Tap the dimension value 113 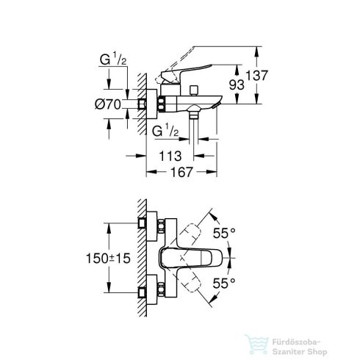[170, 156]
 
